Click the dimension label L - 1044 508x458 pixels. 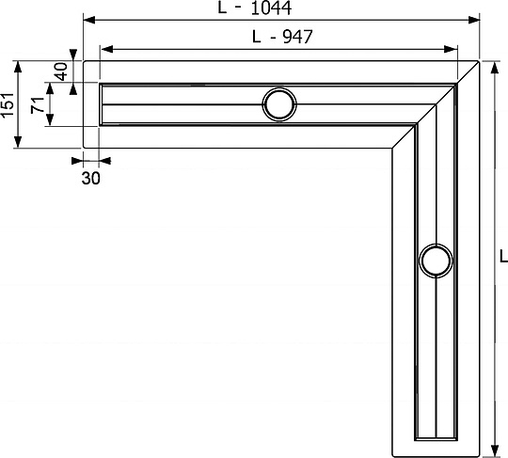click(255, 8)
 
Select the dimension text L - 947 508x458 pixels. click(282, 37)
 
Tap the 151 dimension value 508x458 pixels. click(8, 104)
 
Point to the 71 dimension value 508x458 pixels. click(38, 104)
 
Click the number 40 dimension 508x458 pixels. click(61, 71)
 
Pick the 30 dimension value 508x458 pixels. click(90, 178)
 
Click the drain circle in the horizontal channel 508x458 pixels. click(279, 104)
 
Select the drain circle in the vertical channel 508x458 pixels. click(436, 261)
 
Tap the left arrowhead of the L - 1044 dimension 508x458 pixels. click(89, 20)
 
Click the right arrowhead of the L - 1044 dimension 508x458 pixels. click(473, 20)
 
